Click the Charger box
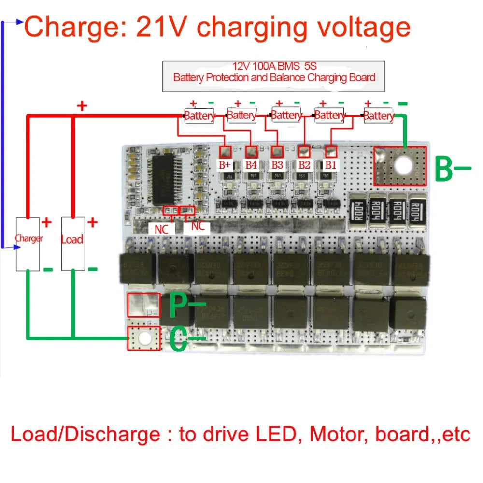click(x=28, y=243)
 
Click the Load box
click(x=72, y=243)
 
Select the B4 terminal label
click(x=251, y=164)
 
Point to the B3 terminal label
click(x=277, y=164)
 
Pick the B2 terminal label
click(x=304, y=164)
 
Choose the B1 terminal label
click(x=330, y=164)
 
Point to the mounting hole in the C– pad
click(x=143, y=338)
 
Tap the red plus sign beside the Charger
click(x=47, y=222)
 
